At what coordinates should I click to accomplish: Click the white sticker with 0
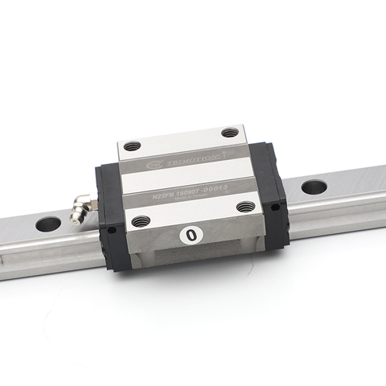coord(191,236)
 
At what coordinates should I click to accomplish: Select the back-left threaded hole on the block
coord(132,146)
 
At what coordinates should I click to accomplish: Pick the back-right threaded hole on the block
coord(230,132)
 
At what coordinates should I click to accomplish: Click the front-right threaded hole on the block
coord(246,206)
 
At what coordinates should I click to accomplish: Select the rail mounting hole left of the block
coord(47,224)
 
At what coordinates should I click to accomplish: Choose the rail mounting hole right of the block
coord(314,187)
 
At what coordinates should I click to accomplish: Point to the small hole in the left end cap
coord(111,230)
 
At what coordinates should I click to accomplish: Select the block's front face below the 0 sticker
coord(193,256)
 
